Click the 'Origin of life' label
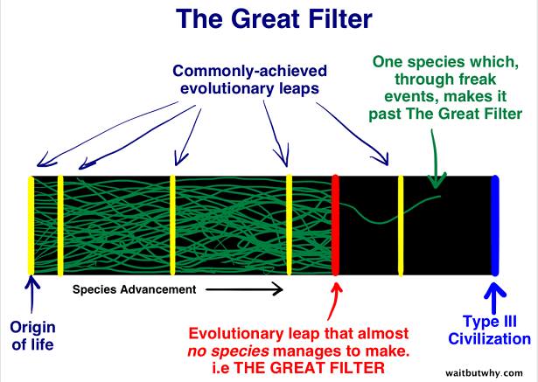pos(32,336)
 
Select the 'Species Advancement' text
pos(134,289)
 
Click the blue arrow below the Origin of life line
pos(31,293)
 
